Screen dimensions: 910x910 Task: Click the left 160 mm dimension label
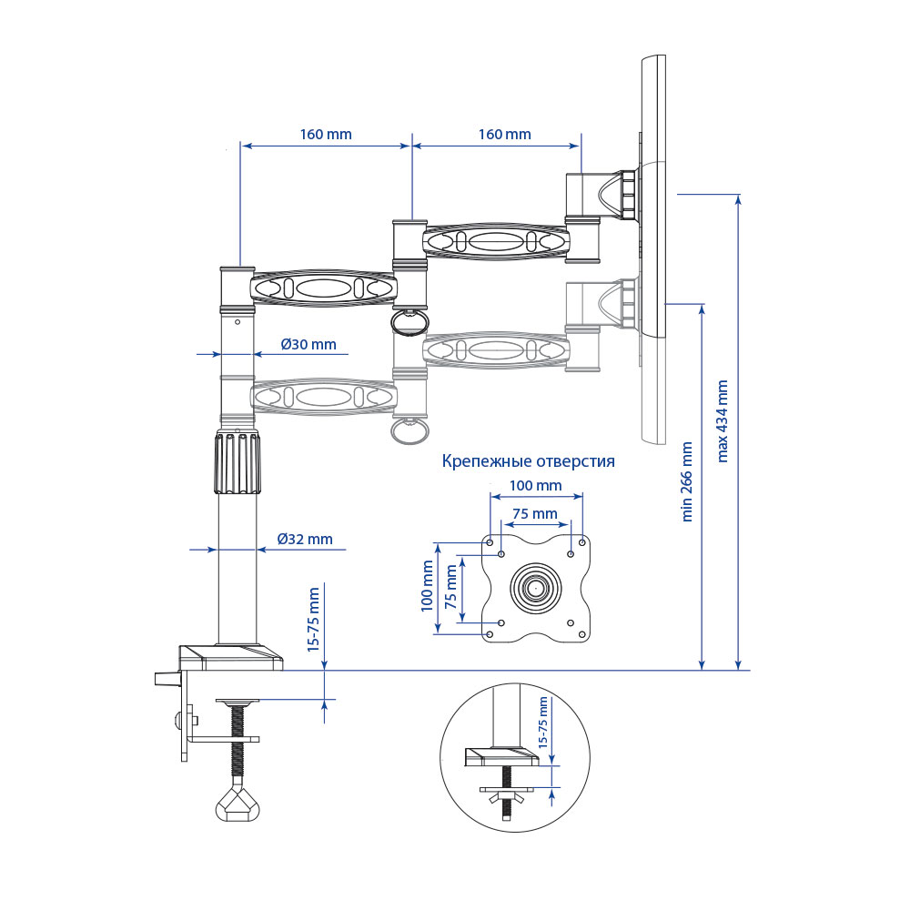[326, 135]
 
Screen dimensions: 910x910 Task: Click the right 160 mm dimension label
[504, 135]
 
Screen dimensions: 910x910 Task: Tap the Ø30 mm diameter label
[308, 345]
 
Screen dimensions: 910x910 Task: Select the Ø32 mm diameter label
[305, 539]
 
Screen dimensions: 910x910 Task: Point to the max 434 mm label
[722, 420]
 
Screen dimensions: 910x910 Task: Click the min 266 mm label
[686, 481]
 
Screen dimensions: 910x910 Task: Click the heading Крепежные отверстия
[528, 461]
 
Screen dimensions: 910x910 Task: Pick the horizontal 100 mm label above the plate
[535, 485]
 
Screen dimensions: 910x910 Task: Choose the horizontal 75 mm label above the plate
[535, 513]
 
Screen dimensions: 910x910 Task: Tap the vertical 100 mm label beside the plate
[427, 585]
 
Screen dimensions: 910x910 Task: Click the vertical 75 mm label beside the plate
[450, 587]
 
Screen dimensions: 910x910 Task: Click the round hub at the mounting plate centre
[536, 588]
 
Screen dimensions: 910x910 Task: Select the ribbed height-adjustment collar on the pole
[238, 462]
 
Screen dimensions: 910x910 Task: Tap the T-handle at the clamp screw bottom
[238, 803]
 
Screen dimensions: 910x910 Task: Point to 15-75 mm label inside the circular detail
[543, 723]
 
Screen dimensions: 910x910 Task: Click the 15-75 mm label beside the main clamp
[314, 619]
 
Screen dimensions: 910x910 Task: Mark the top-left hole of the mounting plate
[490, 542]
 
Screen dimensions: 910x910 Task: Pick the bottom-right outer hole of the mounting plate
[582, 634]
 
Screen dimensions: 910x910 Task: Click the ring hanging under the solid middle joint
[410, 322]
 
